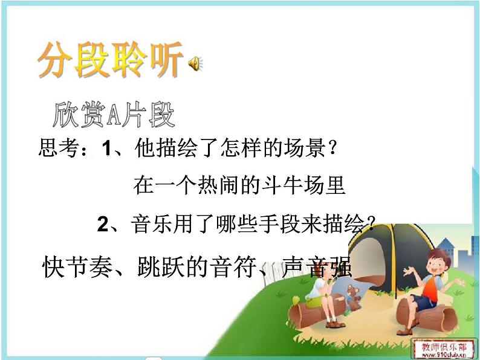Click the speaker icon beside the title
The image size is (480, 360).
point(196,62)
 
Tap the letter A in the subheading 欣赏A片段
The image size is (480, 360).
point(113,115)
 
